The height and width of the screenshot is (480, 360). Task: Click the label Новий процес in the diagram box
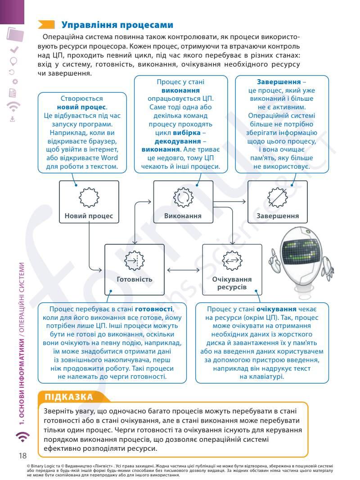[x=89, y=216]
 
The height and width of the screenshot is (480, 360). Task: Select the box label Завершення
[x=277, y=216]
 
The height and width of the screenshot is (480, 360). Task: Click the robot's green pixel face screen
[x=303, y=250]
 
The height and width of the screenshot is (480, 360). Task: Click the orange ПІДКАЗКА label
[x=69, y=397]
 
